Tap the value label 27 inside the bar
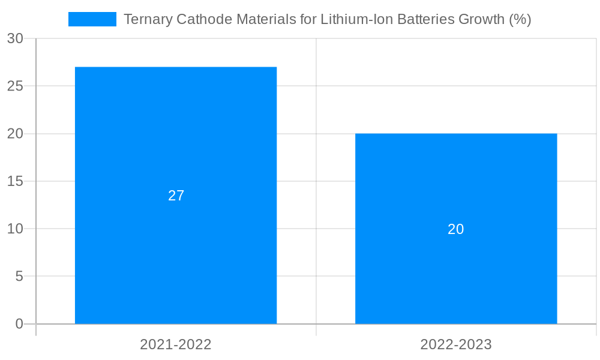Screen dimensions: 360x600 tap(176, 196)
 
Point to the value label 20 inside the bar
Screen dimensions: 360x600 tap(456, 229)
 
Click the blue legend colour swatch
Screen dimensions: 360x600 tap(92, 19)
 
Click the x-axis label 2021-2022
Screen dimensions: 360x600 tap(176, 344)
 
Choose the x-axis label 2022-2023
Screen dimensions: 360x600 tap(456, 344)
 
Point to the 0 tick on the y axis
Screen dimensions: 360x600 tap(19, 324)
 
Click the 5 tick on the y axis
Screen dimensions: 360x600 tap(19, 277)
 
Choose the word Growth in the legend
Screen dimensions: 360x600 tap(481, 19)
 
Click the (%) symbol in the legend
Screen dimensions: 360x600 tap(520, 19)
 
